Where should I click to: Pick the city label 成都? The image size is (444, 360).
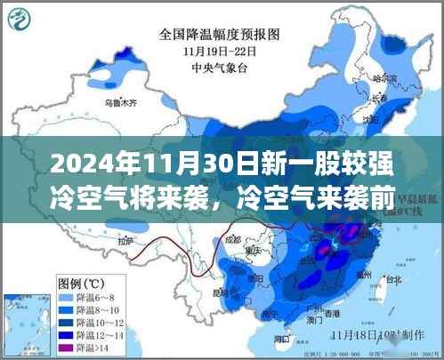(x=233, y=239)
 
